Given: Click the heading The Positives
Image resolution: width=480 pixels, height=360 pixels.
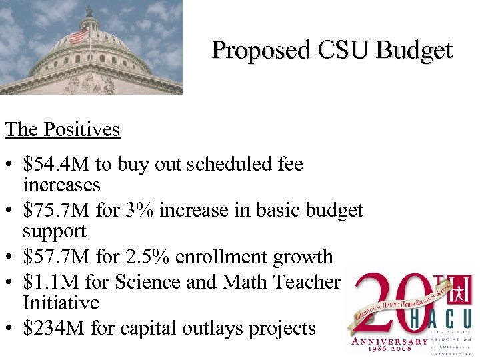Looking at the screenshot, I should [63, 129].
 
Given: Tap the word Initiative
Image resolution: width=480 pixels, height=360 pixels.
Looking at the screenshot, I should [61, 303].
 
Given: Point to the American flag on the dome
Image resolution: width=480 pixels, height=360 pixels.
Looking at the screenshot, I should [79, 35].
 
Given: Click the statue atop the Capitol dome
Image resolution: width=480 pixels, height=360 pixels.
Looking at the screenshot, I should [89, 10].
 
